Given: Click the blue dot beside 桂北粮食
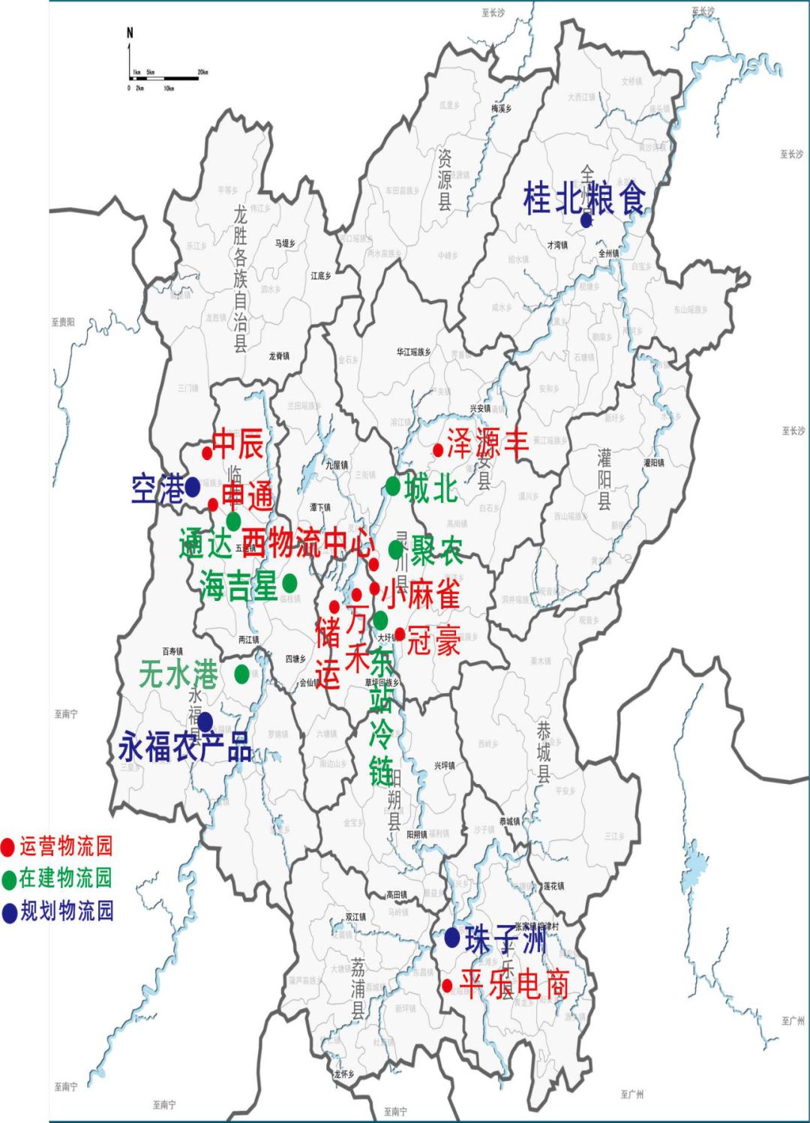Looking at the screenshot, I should pos(586,220).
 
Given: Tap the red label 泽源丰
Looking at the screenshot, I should pos(487,443).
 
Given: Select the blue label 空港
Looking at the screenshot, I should pos(157,490).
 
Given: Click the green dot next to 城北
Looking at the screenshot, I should pos(393,486).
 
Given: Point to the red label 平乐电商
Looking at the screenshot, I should pos(514,984).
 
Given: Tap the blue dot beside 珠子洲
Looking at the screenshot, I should pos(452,937).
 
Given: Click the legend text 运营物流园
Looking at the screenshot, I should pos(66,846).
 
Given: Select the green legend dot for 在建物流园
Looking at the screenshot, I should pos(9,879).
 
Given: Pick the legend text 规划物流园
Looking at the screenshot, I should pos(67,911).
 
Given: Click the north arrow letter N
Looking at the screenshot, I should pos(130,33).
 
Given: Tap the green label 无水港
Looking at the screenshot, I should pos(178,674).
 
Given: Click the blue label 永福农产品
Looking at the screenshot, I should pos(185,748).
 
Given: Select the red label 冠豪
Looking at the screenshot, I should pos(433,641).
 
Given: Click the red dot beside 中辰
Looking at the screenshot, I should pos(207,453).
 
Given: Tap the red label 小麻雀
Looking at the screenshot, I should pos(420,594).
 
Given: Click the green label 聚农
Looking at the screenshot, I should pos(436,551).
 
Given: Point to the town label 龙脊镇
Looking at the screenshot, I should pos(279,356).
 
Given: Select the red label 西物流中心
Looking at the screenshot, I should pos(308,542).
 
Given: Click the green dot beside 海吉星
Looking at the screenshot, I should pos(289,583).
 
